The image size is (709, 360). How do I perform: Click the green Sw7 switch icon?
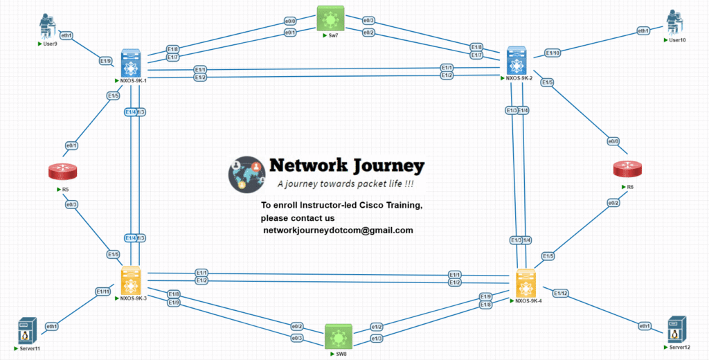coord(330,19)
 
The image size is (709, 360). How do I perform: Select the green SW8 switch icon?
coord(339,338)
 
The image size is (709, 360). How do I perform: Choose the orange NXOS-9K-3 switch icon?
coord(131,281)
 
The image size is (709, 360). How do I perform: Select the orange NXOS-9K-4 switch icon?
coord(527,283)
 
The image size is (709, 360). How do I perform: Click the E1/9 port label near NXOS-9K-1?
coord(105,61)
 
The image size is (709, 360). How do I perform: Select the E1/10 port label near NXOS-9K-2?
coord(553,53)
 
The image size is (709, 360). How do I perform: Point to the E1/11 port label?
coord(102,292)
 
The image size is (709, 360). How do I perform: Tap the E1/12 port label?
coord(560,294)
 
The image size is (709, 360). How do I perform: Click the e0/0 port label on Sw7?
coord(291,21)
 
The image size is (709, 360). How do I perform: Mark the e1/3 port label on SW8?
coord(377,339)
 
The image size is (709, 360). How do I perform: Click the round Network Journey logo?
coord(247,174)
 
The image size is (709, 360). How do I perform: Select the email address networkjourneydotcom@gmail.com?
coord(338,230)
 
